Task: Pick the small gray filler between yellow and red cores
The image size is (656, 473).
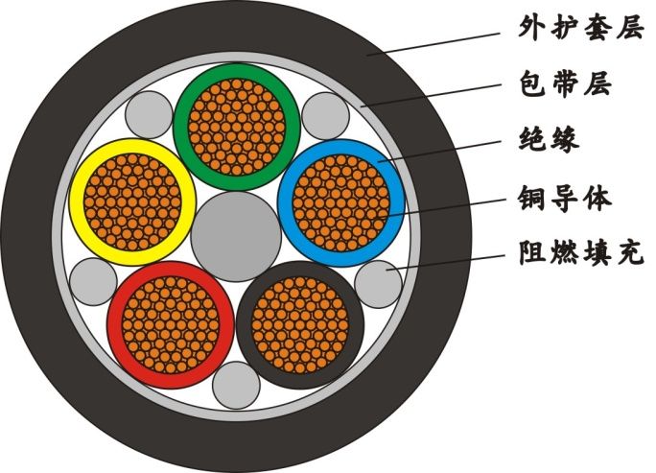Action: coord(93,282)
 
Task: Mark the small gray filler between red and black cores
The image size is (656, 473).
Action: coord(235,385)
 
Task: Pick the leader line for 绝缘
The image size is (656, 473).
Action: coord(441,153)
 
